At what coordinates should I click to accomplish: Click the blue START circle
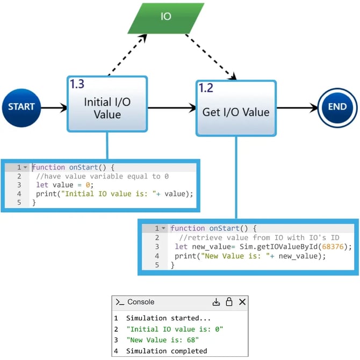pos(21,107)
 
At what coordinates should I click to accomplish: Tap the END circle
pos(337,107)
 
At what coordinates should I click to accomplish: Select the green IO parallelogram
pos(166,17)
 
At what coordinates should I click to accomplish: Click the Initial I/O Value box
pos(107,107)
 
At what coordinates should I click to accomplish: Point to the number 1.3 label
pos(77,84)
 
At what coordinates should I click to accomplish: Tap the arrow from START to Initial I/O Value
pos(54,107)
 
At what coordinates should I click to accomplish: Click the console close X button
pos(242,302)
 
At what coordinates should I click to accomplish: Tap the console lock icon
pos(229,302)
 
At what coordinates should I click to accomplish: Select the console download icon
pos(216,302)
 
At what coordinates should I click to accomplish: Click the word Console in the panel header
pos(141,302)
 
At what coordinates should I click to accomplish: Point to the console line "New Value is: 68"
pos(163,340)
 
